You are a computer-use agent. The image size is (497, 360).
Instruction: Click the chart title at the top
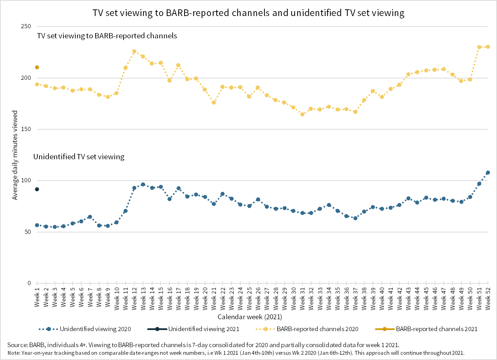click(x=248, y=13)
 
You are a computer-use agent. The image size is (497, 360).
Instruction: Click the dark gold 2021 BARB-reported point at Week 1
click(x=37, y=67)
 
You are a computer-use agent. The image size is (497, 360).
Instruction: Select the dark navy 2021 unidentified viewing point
click(x=37, y=189)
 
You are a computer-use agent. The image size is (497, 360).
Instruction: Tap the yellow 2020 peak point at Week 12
click(x=134, y=52)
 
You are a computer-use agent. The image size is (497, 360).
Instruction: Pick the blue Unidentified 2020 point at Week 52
click(x=488, y=173)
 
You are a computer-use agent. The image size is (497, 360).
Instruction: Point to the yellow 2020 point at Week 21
click(x=214, y=102)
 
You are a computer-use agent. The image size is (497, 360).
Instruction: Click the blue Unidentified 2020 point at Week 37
click(x=355, y=218)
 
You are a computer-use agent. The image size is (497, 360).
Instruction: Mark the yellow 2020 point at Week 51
click(x=479, y=47)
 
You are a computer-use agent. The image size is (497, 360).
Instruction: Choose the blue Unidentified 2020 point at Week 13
click(x=143, y=184)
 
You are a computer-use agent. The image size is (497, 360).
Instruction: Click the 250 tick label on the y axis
click(x=26, y=26)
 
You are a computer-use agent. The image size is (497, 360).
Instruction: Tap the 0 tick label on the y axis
click(x=29, y=283)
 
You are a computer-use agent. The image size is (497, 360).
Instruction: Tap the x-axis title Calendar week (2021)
click(x=250, y=317)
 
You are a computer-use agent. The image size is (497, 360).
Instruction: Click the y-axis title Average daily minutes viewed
click(x=15, y=155)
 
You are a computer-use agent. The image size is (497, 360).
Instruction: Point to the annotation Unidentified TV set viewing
click(x=79, y=157)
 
